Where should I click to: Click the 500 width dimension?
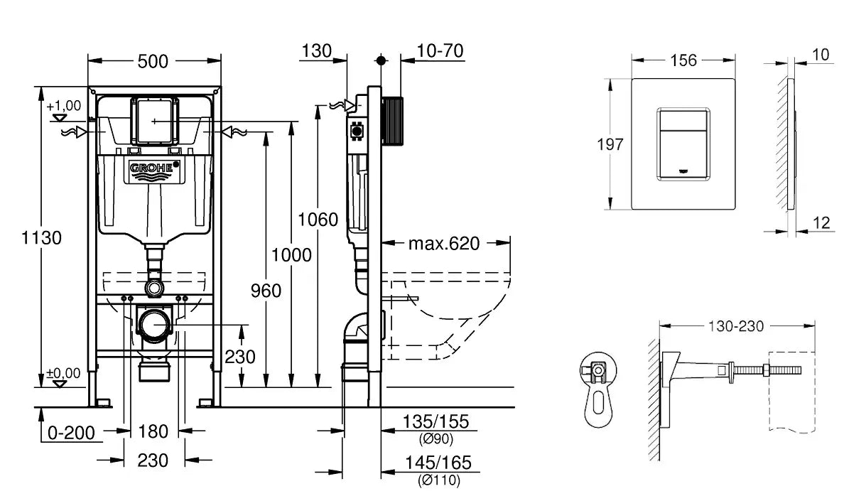point(153,62)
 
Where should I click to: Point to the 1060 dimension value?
point(318,220)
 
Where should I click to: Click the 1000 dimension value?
point(291,254)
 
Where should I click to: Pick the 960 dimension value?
point(266,290)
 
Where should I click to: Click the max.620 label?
point(444,244)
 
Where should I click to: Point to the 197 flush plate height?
point(610,144)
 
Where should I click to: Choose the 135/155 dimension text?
point(436,421)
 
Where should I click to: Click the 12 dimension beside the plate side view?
point(821,223)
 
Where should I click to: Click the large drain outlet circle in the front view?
point(155,326)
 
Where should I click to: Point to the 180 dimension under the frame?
point(153,431)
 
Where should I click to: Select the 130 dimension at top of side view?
point(316,51)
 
